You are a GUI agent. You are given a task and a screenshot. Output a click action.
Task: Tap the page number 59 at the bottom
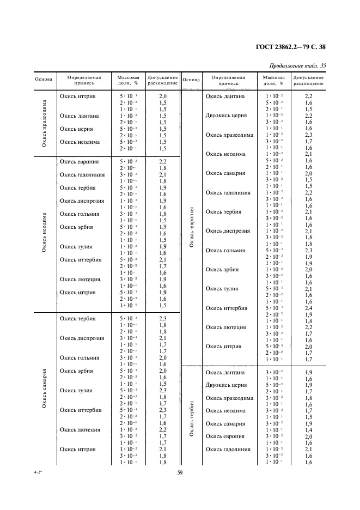180,472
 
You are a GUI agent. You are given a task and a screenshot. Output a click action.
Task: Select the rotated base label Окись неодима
44,232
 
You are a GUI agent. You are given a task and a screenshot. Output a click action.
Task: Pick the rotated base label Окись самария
44,388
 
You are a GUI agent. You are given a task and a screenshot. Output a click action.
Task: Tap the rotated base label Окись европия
191,227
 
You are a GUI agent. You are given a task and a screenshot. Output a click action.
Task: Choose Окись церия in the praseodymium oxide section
76,129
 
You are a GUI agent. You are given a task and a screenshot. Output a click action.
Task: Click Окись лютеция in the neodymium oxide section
80,280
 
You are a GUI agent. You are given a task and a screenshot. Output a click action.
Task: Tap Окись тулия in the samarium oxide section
76,390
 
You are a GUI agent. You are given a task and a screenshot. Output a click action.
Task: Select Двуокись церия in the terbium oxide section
226,385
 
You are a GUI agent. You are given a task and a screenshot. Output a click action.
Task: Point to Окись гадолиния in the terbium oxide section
228,450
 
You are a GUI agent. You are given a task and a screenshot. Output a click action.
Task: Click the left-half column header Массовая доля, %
129,81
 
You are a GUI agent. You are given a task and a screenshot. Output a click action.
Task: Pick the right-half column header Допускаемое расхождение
308,81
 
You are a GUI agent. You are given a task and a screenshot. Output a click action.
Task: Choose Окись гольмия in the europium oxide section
225,251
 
